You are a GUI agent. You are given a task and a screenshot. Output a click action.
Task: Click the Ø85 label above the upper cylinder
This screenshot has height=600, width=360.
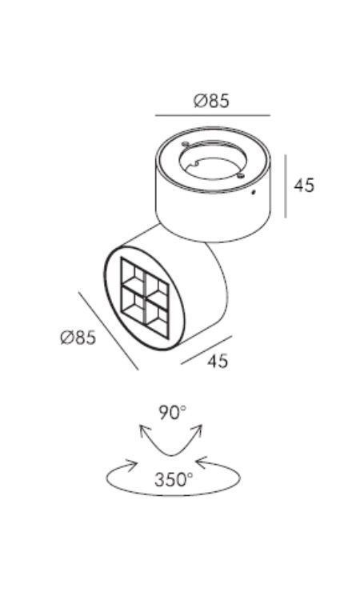pyautogui.click(x=211, y=101)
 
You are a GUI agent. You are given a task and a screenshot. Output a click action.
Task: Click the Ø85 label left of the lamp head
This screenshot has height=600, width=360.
pyautogui.click(x=78, y=338)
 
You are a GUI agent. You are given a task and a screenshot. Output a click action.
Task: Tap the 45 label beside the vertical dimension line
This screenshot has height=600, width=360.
pyautogui.click(x=304, y=186)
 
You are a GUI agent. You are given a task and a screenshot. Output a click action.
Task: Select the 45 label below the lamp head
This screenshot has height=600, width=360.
pyautogui.click(x=218, y=361)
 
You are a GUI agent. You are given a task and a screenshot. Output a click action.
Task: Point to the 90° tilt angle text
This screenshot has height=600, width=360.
pyautogui.click(x=173, y=413)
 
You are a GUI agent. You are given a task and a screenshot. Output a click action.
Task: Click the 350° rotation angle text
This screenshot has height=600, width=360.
pyautogui.click(x=174, y=479)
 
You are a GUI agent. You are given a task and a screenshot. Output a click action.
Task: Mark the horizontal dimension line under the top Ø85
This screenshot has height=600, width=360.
pyautogui.click(x=213, y=114)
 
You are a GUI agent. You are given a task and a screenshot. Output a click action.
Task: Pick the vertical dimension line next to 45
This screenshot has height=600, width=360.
pyautogui.click(x=286, y=186)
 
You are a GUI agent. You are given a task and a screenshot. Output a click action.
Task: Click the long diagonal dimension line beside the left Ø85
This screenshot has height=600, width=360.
pyautogui.click(x=109, y=331)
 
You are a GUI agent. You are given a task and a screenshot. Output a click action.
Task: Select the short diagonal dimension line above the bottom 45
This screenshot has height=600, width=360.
pyautogui.click(x=206, y=350)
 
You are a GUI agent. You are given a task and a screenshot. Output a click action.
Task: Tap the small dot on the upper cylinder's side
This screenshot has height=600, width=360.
pyautogui.click(x=253, y=192)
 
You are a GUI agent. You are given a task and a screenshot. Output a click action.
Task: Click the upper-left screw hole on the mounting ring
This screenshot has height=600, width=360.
pyautogui.click(x=185, y=144)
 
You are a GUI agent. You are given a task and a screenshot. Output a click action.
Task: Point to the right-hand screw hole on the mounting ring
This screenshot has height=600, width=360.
pyautogui.click(x=240, y=175)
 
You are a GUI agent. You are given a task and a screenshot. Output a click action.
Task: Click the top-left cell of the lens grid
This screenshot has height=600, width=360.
pyautogui.click(x=132, y=273)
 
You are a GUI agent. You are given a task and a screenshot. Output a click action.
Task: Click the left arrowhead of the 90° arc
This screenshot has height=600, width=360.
pyautogui.click(x=143, y=431)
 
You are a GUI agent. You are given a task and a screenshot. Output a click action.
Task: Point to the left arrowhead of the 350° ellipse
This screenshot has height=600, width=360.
pyautogui.click(x=132, y=466)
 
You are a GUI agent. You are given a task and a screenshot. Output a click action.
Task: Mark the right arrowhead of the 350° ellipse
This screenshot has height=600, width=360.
pyautogui.click(x=202, y=462)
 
